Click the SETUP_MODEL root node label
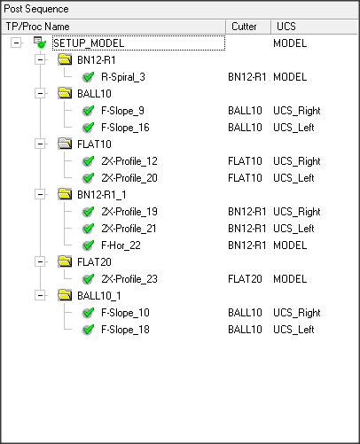tap(89, 43)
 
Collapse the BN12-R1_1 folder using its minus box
tap(40, 195)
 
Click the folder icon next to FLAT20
tap(65, 261)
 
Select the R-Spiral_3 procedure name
tap(123, 77)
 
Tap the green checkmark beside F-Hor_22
tap(88, 245)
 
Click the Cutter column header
tap(244, 27)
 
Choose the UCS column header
tap(286, 27)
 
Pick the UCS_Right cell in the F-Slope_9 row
tap(297, 111)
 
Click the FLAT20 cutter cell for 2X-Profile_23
tap(245, 279)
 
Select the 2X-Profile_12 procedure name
tap(129, 161)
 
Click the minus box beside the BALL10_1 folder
tap(40, 296)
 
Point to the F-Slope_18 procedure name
tap(125, 330)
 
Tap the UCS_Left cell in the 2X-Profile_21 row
tap(293, 229)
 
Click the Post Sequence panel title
tap(36, 9)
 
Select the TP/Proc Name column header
tap(37, 27)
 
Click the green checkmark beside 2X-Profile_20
tap(88, 178)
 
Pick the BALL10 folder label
tap(94, 94)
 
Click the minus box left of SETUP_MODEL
tap(16, 43)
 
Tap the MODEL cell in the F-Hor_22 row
tap(290, 245)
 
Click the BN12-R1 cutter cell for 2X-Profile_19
tap(247, 212)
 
